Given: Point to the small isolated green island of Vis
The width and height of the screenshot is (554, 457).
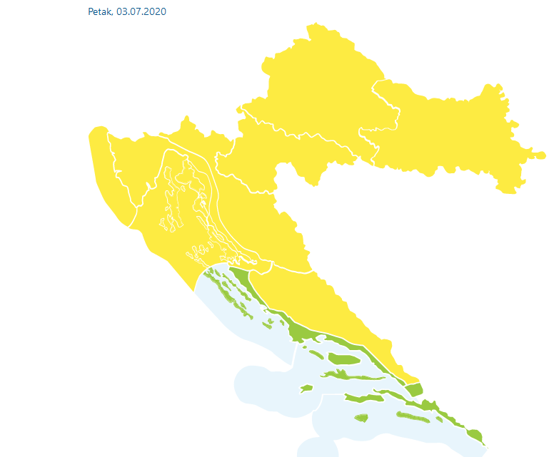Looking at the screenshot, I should pyautogui.click(x=306, y=389).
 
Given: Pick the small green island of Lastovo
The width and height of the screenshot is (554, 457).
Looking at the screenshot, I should pyautogui.click(x=361, y=418).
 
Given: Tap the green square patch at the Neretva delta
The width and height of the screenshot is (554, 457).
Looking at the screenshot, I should pyautogui.click(x=414, y=389).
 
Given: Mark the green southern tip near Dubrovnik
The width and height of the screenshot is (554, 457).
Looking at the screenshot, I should pyautogui.click(x=475, y=434).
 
